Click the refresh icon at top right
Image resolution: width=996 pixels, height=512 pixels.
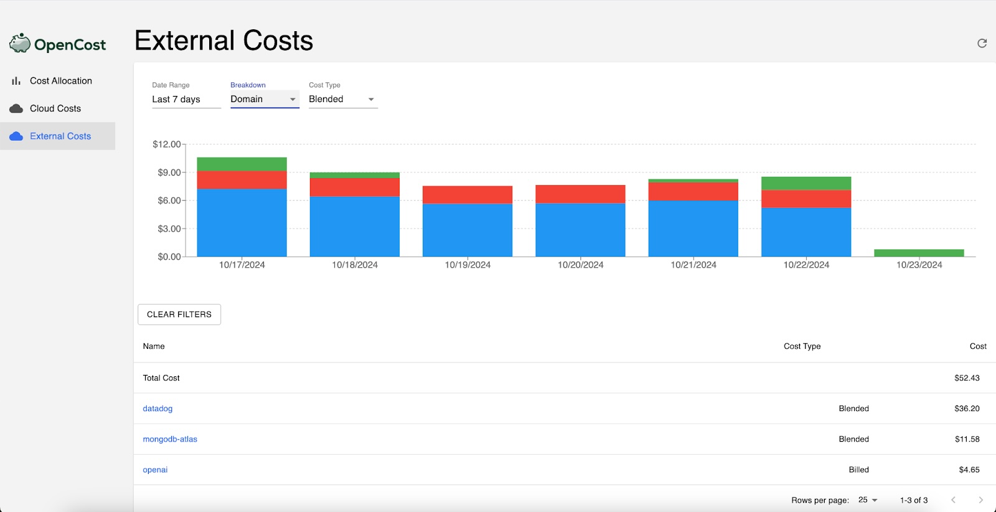[982, 43]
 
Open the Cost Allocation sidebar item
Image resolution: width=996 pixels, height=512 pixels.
[60, 81]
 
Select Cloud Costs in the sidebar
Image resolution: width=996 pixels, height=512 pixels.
[55, 108]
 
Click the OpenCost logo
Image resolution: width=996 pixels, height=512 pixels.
[58, 44]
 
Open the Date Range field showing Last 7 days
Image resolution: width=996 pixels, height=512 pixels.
[186, 99]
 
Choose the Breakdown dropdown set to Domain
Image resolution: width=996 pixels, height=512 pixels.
[264, 99]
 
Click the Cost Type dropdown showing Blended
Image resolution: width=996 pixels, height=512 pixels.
[342, 99]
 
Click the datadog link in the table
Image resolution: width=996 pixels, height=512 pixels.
[157, 409]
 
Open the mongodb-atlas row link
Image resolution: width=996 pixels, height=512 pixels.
[170, 439]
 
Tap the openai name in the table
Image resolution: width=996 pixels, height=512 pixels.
[155, 470]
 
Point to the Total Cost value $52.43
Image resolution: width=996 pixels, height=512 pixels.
[967, 378]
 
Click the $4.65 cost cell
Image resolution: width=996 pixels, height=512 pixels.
[969, 470]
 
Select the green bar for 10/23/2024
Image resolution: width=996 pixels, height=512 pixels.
[919, 253]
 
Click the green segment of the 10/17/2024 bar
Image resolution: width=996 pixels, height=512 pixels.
[242, 164]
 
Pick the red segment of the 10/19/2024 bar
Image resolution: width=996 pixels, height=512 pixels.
[467, 194]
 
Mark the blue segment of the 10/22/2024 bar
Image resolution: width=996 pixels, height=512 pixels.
[806, 232]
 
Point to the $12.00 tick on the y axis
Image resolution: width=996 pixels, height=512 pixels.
[166, 145]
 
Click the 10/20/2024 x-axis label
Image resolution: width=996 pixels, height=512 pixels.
[580, 265]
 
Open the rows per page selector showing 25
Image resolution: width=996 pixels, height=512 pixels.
[868, 500]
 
